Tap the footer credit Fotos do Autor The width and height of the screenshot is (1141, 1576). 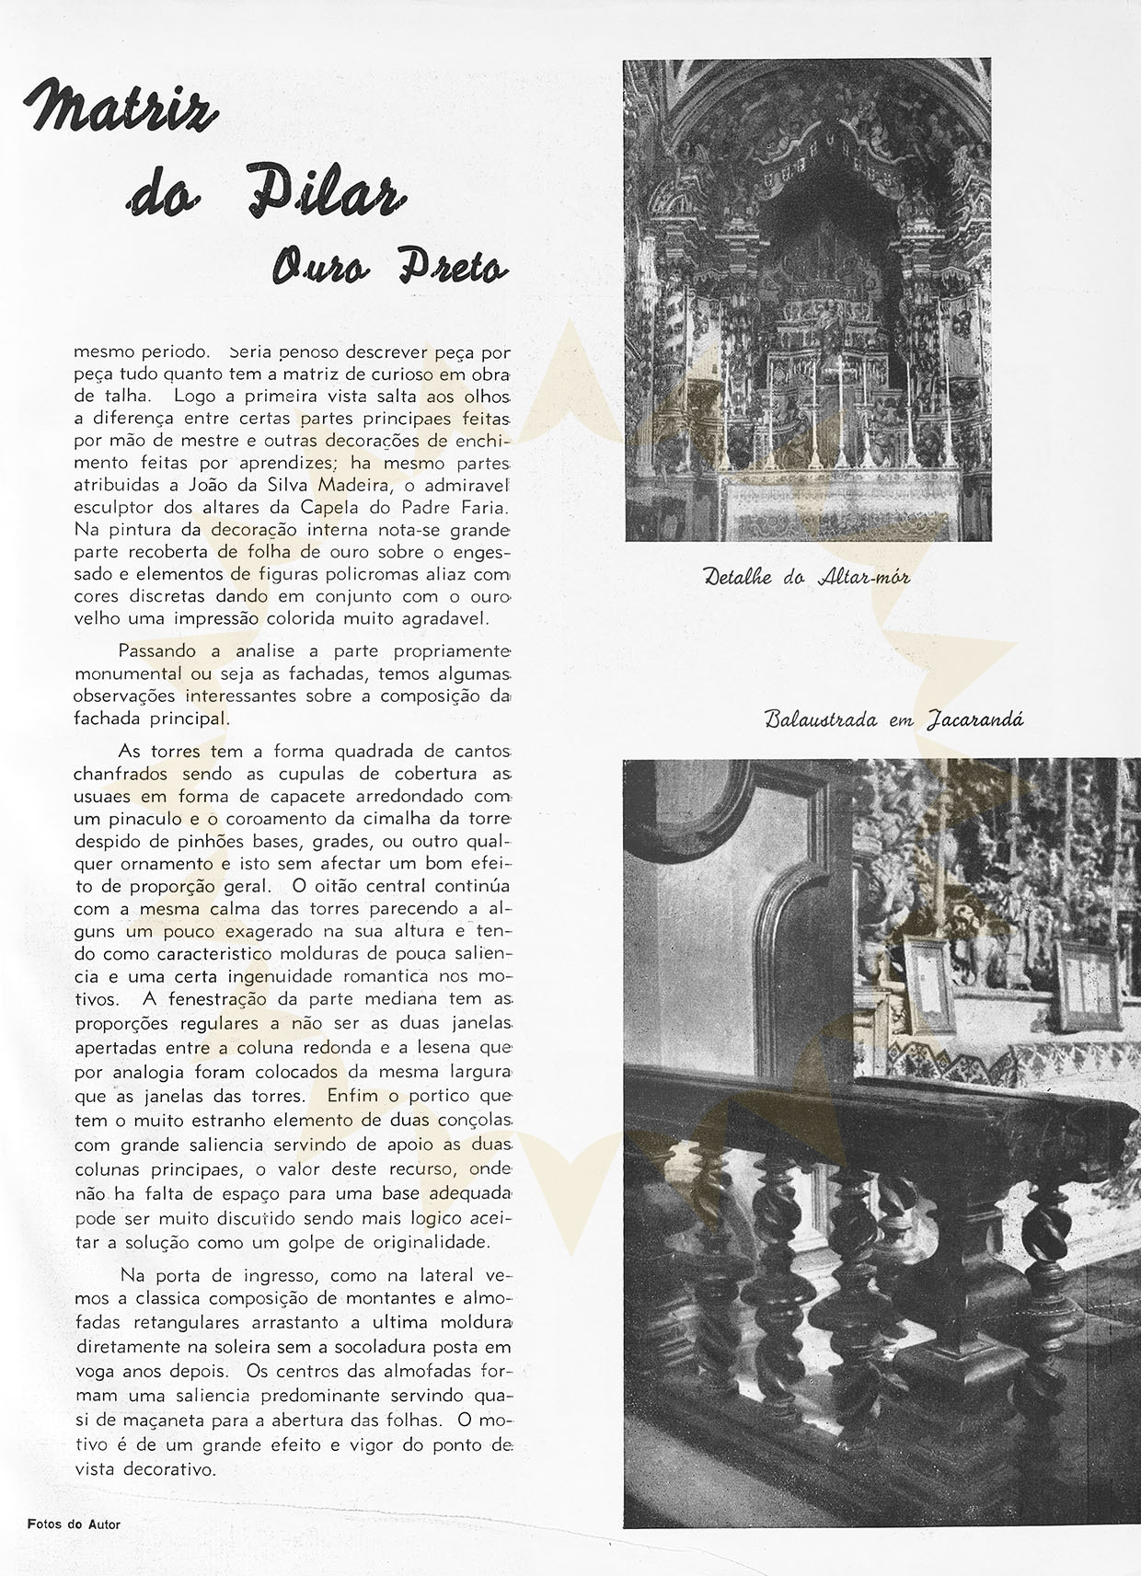[74, 1524]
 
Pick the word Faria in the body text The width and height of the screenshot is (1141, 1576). [479, 508]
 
